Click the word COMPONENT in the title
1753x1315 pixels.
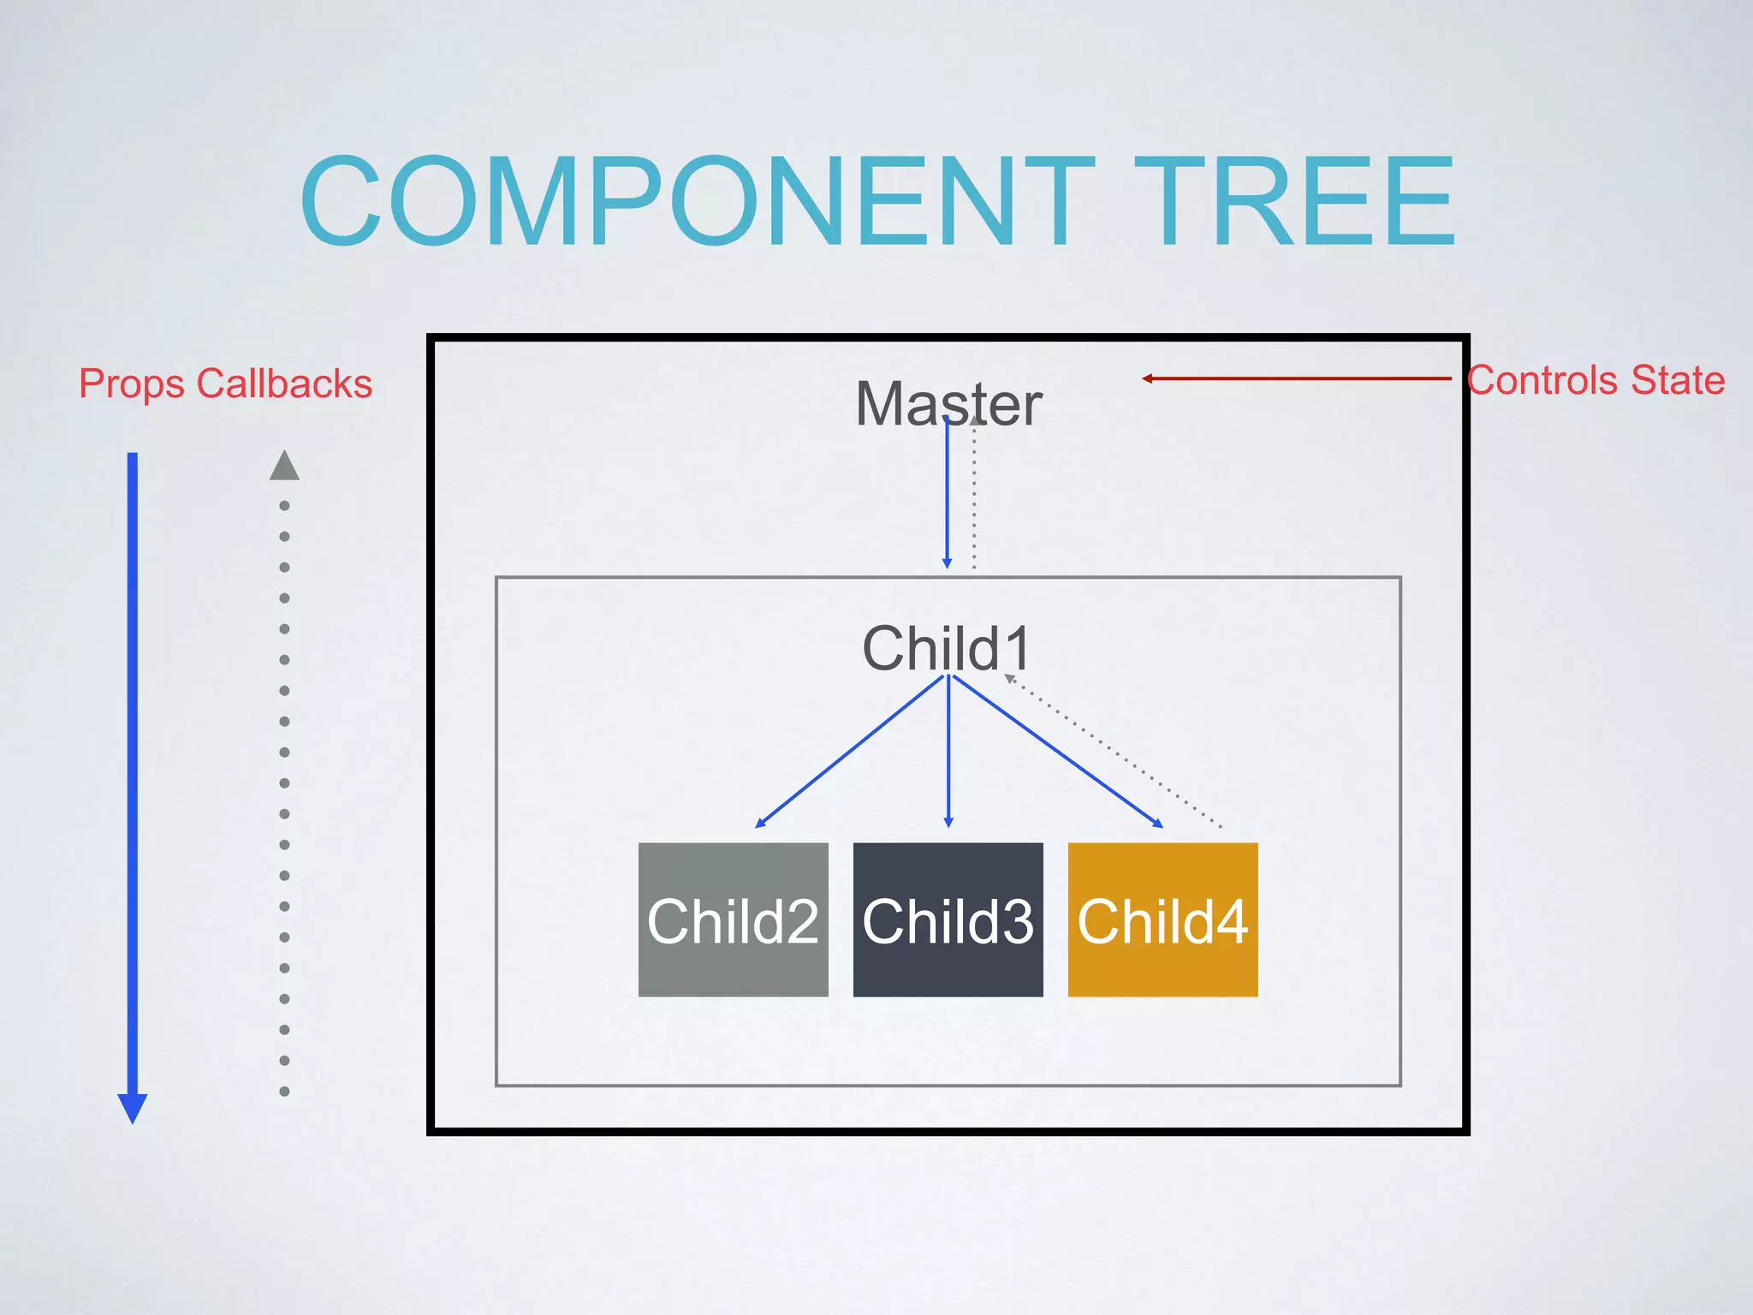coord(698,202)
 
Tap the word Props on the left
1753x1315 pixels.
coord(132,384)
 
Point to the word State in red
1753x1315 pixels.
coord(1678,380)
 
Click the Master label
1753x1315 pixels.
coord(948,403)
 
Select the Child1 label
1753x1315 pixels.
coord(947,648)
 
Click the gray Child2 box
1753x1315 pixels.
coord(734,919)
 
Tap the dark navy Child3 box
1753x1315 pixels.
coord(948,919)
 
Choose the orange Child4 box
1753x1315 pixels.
coord(1162,919)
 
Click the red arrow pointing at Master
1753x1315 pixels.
coord(1296,378)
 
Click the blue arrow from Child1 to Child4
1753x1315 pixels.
coord(1058,752)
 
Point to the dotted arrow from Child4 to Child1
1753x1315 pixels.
coord(1113,752)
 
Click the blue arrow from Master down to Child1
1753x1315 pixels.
coord(947,497)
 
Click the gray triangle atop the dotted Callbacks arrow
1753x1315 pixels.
coord(284,466)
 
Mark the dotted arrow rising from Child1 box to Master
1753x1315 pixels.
coord(974,497)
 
